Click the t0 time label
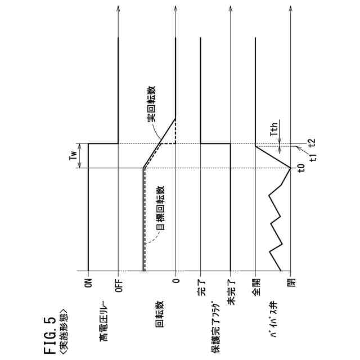pos(301,168)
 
